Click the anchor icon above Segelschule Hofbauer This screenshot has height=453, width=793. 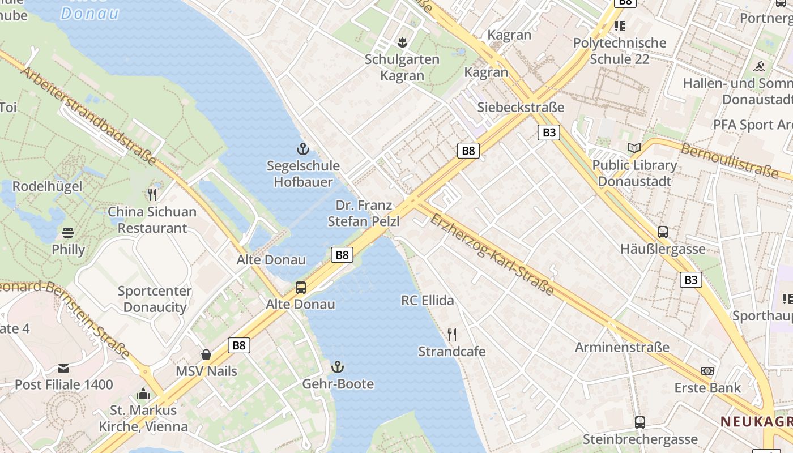[x=303, y=149]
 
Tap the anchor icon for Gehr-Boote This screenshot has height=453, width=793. [x=338, y=367]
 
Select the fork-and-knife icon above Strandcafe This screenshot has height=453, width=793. [x=451, y=335]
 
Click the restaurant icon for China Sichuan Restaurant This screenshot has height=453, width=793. [x=152, y=195]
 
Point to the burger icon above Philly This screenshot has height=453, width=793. [x=68, y=233]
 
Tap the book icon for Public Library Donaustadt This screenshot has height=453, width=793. [x=634, y=148]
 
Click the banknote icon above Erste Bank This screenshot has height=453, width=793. [x=707, y=371]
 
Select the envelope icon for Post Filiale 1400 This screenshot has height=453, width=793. [x=63, y=368]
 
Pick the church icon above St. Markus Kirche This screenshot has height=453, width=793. [x=143, y=394]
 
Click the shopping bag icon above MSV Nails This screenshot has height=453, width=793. [x=206, y=354]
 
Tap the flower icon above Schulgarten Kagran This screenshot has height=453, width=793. [x=402, y=42]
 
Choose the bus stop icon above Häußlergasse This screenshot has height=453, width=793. [x=662, y=232]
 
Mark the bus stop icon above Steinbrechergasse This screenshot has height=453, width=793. [x=639, y=422]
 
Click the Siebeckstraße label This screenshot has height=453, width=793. [x=521, y=107]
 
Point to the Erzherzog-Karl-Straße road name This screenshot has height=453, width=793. [x=491, y=254]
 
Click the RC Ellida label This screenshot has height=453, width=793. [x=428, y=300]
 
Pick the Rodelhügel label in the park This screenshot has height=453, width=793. [x=47, y=186]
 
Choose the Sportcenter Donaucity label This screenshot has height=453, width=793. [x=155, y=299]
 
